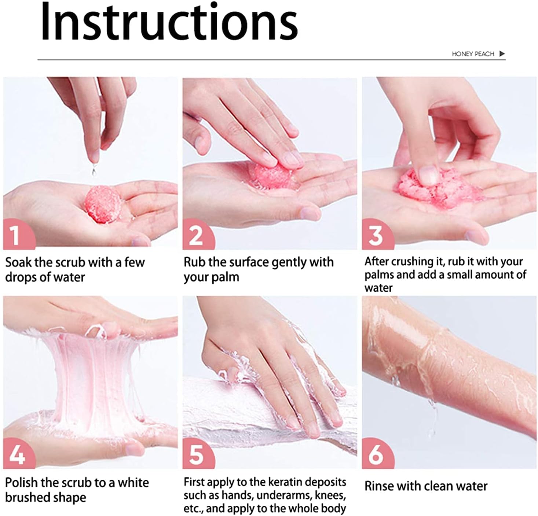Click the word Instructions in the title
point(169,22)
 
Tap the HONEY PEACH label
point(473,54)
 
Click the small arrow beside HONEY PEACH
point(502,54)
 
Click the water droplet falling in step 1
point(94,169)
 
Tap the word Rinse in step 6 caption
point(379,486)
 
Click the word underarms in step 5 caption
point(286,496)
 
